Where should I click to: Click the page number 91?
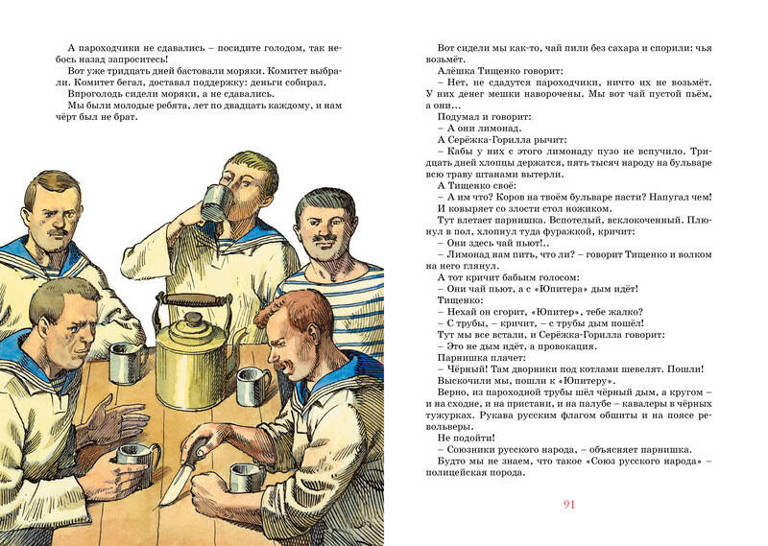point(568,505)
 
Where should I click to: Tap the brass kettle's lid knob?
point(194,319)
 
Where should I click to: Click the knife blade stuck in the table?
point(176,483)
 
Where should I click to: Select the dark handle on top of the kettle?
point(194,299)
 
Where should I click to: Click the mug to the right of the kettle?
point(252,387)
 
